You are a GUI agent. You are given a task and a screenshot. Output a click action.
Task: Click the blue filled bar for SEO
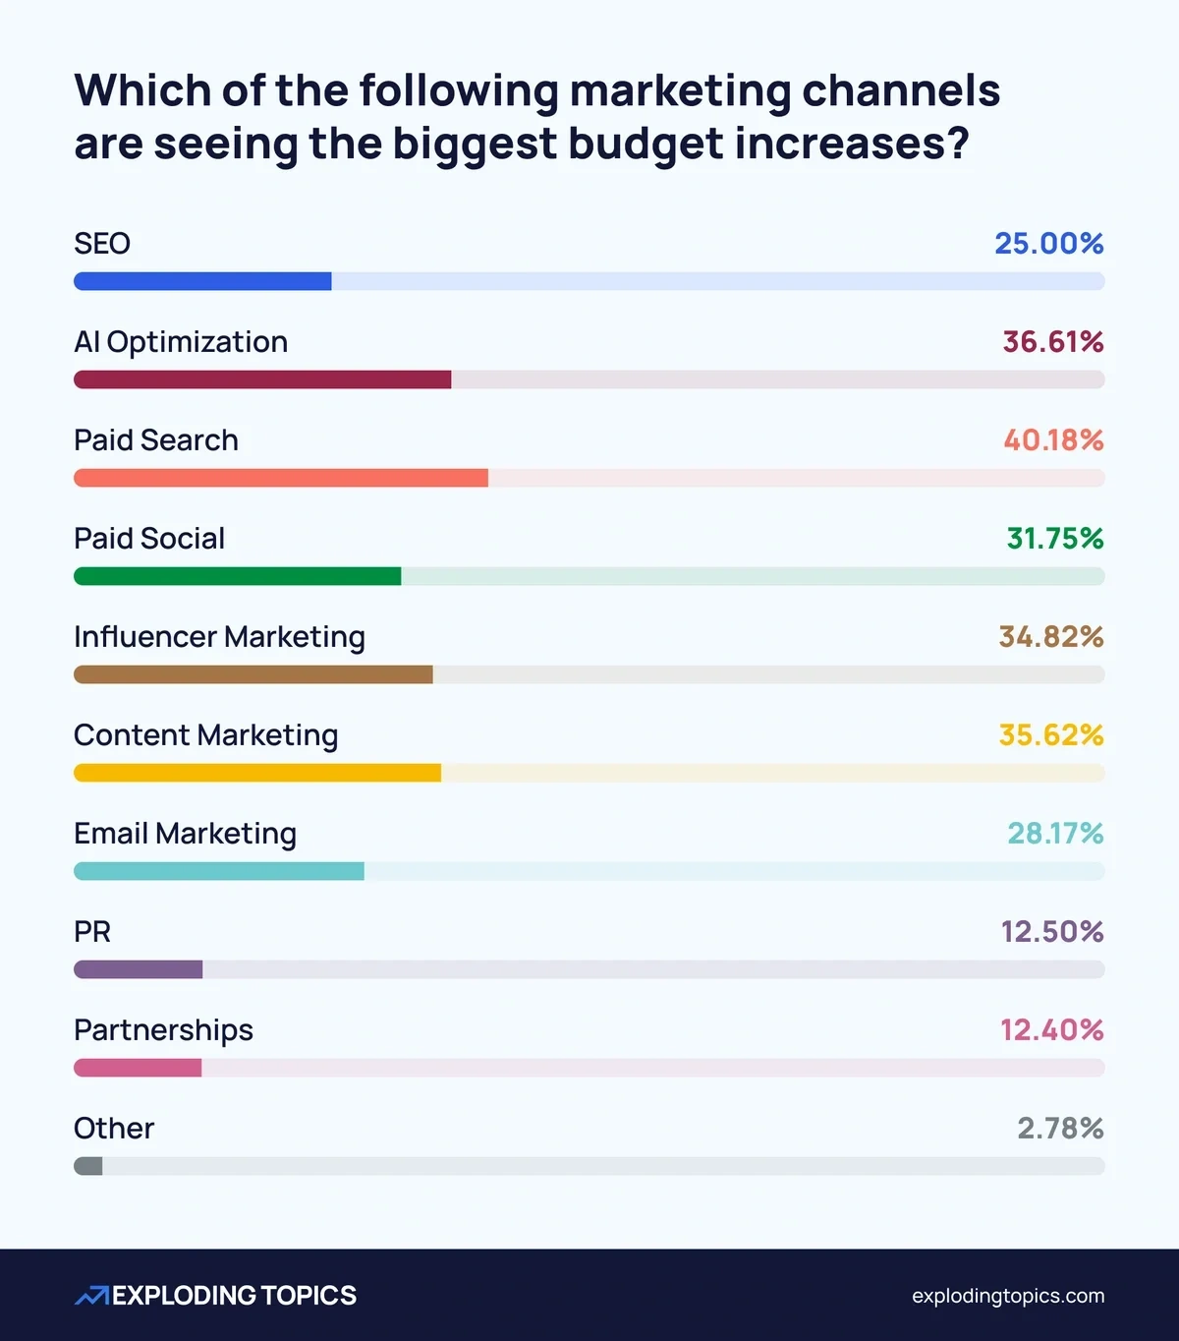[x=202, y=281]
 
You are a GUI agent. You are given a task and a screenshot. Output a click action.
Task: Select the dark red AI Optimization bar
[x=262, y=379]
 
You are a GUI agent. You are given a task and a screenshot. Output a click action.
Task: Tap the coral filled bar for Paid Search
[x=281, y=478]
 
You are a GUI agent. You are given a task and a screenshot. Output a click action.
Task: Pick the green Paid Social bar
[x=237, y=576]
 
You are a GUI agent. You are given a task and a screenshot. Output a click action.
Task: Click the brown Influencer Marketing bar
[x=253, y=674]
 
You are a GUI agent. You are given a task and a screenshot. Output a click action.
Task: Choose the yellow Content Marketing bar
[x=257, y=773]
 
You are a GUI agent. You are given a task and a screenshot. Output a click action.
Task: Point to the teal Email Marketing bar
[x=218, y=871]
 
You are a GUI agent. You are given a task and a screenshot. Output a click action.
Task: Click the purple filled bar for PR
[x=138, y=969]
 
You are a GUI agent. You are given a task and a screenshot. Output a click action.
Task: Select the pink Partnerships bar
[x=138, y=1068]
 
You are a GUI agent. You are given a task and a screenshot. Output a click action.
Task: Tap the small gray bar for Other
[x=88, y=1166]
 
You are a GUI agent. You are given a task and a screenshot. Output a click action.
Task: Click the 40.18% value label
[x=1053, y=440]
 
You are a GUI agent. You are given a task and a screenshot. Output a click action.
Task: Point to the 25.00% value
[x=1048, y=244]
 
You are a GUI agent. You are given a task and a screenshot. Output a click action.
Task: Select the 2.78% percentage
[x=1060, y=1129]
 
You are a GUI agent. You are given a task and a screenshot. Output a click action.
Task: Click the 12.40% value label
[x=1051, y=1030]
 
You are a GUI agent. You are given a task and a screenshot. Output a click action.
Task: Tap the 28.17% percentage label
[x=1055, y=834]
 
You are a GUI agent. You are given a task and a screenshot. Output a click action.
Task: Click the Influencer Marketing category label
[x=219, y=637]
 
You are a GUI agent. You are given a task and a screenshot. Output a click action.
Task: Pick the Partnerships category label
[x=163, y=1030]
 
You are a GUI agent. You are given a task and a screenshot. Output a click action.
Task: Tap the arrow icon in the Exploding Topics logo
[x=91, y=1296]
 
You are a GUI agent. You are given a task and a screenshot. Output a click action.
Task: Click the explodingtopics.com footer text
[x=1007, y=1296]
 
